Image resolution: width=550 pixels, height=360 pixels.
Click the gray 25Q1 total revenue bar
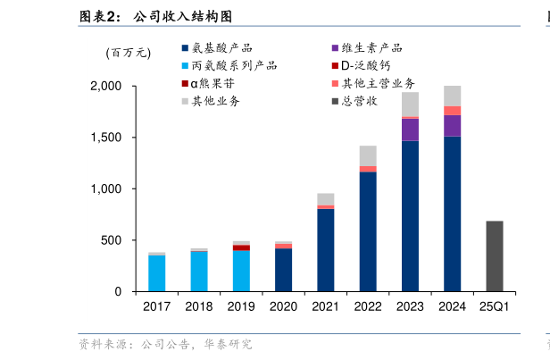494,255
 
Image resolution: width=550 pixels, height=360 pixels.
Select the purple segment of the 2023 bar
410,130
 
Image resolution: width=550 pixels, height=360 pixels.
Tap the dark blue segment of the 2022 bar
368,230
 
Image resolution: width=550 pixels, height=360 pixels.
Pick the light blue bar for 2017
157,272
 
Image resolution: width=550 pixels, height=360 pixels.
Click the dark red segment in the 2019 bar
241,247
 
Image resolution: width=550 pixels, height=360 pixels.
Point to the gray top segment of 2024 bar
452,96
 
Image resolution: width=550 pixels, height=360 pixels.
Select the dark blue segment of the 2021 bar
326,249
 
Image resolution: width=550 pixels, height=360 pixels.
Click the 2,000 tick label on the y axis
106,87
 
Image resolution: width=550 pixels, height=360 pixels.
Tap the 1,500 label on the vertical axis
106,138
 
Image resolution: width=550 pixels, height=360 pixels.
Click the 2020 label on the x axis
283,306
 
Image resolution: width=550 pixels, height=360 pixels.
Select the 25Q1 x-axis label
494,306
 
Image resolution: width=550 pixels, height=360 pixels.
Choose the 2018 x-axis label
199,306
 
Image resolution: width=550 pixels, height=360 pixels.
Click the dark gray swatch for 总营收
335,101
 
